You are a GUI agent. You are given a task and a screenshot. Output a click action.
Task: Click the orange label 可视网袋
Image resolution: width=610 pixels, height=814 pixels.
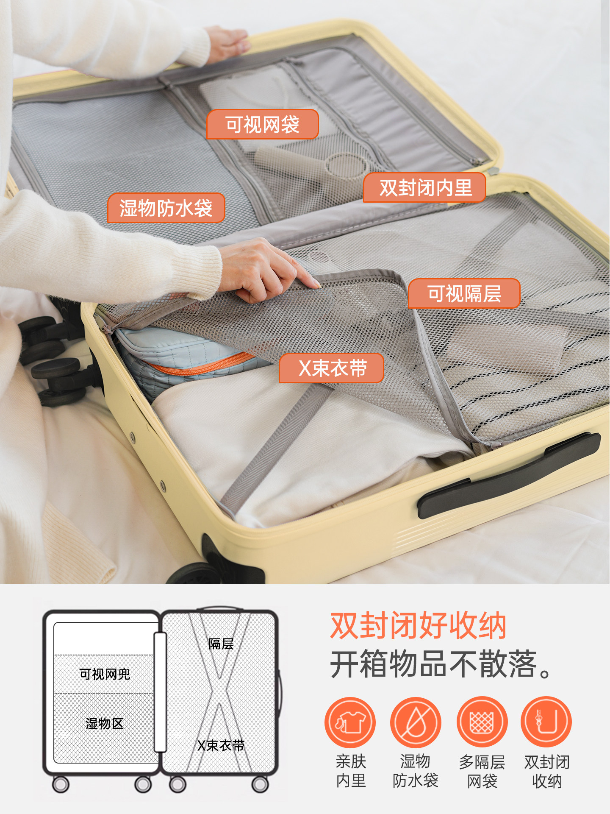(262, 125)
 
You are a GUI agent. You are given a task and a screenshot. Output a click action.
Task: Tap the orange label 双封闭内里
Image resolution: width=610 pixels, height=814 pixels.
(425, 188)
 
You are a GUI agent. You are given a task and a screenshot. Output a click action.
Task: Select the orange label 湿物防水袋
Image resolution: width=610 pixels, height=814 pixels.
(166, 208)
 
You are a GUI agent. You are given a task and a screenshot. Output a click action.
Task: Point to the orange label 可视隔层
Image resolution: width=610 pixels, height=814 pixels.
(464, 293)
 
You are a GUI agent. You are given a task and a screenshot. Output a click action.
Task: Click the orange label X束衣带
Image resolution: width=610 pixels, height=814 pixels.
(332, 368)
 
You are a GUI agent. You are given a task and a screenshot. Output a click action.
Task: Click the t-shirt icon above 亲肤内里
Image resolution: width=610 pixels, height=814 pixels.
(350, 722)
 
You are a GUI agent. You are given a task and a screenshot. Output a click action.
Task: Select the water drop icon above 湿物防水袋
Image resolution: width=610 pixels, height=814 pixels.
(416, 722)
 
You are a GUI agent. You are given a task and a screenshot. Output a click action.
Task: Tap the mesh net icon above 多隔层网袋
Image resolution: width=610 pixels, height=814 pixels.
(482, 722)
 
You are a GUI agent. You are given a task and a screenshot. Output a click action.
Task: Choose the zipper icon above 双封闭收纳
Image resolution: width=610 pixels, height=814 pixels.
(546, 722)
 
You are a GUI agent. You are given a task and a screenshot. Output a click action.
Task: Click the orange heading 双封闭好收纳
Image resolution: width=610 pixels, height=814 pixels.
(418, 626)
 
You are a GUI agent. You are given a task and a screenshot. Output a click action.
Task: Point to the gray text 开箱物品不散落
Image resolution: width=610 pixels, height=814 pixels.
(441, 664)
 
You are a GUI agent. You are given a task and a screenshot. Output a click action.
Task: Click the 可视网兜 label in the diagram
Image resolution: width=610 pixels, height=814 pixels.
(105, 674)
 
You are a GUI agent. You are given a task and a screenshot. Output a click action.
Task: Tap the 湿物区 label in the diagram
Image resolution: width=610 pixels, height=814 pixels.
(104, 723)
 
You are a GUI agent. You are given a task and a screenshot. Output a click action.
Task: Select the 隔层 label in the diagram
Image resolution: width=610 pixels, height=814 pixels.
(221, 644)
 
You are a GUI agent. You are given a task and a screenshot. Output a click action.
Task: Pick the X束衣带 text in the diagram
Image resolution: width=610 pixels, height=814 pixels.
(221, 745)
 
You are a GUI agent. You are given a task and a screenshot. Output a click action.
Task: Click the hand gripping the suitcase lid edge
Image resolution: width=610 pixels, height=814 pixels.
(227, 42)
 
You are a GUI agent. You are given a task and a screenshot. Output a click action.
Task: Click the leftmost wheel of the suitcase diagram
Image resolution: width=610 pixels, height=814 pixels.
(61, 784)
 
